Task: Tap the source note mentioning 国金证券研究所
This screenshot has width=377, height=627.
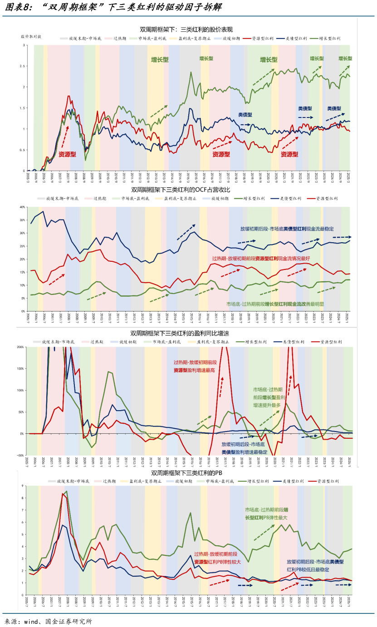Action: click(x=48, y=621)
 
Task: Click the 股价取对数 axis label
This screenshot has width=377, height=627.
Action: click(x=31, y=36)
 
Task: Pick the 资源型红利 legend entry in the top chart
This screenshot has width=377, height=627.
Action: click(x=258, y=39)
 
